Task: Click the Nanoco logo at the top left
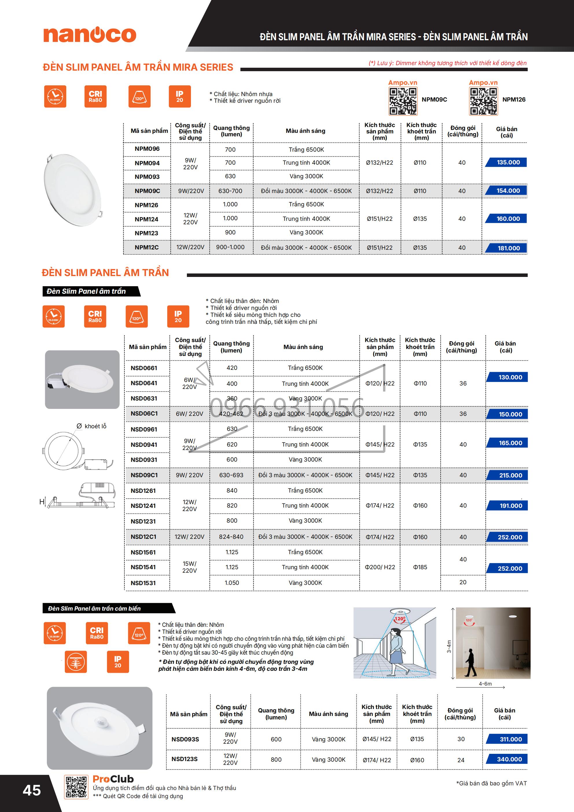[90, 35]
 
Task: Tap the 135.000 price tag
[508, 162]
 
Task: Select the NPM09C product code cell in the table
[147, 191]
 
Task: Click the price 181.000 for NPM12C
[508, 248]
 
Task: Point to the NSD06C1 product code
[144, 414]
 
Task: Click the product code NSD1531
[143, 583]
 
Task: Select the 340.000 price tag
[509, 759]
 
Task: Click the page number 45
[32, 790]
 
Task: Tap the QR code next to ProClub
[76, 787]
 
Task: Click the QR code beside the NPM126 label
[483, 101]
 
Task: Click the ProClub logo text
[113, 779]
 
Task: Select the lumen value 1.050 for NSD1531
[232, 583]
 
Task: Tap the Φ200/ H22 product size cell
[380, 567]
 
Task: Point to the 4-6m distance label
[485, 684]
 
